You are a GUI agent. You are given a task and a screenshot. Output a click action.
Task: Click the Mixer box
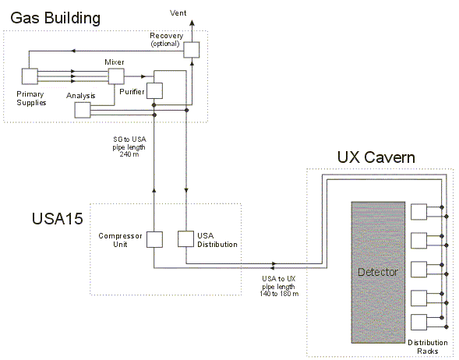pyautogui.click(x=116, y=76)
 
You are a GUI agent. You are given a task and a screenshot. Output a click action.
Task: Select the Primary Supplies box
pyautogui.click(x=30, y=76)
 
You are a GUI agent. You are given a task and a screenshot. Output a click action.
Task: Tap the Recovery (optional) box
pyautogui.click(x=192, y=50)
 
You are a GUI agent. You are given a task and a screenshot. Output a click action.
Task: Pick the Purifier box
pyautogui.click(x=154, y=90)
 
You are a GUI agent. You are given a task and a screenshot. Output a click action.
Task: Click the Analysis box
pyautogui.click(x=83, y=110)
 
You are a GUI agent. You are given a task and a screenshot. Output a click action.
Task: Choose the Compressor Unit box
pyautogui.click(x=154, y=240)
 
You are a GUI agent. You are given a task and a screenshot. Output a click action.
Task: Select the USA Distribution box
pyautogui.click(x=186, y=238)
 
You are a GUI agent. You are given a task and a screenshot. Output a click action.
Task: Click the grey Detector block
pyautogui.click(x=378, y=272)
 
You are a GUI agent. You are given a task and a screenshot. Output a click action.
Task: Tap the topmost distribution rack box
pyautogui.click(x=419, y=212)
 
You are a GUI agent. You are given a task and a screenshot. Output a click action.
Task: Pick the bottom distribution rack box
pyautogui.click(x=419, y=323)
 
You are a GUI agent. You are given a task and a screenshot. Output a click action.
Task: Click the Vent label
pyautogui.click(x=178, y=13)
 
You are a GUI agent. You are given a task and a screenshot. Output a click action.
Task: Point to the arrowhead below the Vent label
pyautogui.click(x=192, y=23)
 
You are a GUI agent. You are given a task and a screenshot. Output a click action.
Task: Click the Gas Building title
pyautogui.click(x=55, y=18)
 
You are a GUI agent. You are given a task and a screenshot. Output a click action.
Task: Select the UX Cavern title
pyautogui.click(x=376, y=157)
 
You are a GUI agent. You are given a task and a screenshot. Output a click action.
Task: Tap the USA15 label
pyautogui.click(x=58, y=219)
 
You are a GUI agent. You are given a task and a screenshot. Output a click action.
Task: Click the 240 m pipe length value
pyautogui.click(x=129, y=154)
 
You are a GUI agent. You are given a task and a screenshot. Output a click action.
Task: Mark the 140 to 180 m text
pyautogui.click(x=279, y=294)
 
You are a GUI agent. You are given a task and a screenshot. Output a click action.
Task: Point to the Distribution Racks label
pyautogui.click(x=428, y=347)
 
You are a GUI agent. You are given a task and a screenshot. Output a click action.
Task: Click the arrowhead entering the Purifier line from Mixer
pyautogui.click(x=143, y=76)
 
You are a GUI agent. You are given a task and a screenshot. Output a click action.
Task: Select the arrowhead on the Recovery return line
pyautogui.click(x=73, y=51)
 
